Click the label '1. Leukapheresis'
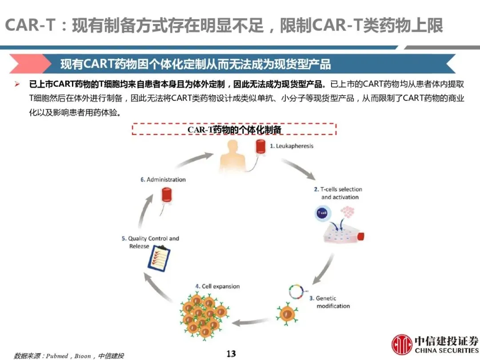click(x=292, y=146)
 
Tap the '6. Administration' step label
click(x=163, y=180)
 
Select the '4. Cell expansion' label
click(x=217, y=286)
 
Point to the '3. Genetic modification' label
click(x=332, y=302)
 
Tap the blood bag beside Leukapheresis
click(x=260, y=149)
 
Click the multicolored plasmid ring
click(x=294, y=291)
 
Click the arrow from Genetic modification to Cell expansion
click(x=252, y=322)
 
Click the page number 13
click(x=231, y=354)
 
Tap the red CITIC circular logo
click(x=402, y=345)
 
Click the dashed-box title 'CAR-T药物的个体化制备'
click(x=234, y=129)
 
